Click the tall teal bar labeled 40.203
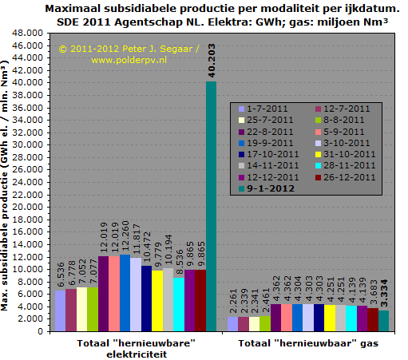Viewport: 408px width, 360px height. pyautogui.click(x=211, y=206)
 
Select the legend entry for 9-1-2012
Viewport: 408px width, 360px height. pyautogui.click(x=267, y=188)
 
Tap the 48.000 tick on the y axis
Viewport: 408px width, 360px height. pyautogui.click(x=27, y=33)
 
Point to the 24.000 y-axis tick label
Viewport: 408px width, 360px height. pyautogui.click(x=27, y=182)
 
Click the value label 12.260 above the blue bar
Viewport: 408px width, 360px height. pyautogui.click(x=125, y=236)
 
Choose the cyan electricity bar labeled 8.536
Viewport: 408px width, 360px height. pyautogui.click(x=179, y=304)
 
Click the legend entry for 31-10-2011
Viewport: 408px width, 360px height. pyautogui.click(x=345, y=154)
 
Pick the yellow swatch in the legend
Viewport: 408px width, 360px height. pyautogui.click(x=318, y=154)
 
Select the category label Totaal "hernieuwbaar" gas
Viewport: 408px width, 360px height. pyautogui.click(x=308, y=343)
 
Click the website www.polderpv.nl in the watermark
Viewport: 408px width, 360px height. pyautogui.click(x=129, y=60)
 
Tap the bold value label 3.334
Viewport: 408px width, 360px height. pyautogui.click(x=384, y=294)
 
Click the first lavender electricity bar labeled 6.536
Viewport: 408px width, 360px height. pyautogui.click(x=60, y=311)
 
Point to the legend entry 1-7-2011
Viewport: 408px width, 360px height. pyautogui.click(x=263, y=109)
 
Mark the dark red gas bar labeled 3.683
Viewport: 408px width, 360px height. pyautogui.click(x=373, y=319)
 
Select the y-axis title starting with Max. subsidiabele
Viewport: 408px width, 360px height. pyautogui.click(x=5, y=185)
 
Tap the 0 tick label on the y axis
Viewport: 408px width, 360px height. pyautogui.click(x=40, y=331)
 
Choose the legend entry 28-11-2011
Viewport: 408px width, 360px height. pyautogui.click(x=345, y=165)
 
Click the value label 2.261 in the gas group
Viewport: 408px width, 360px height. pyautogui.click(x=233, y=301)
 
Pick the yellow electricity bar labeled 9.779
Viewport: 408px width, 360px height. pyautogui.click(x=157, y=301)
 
